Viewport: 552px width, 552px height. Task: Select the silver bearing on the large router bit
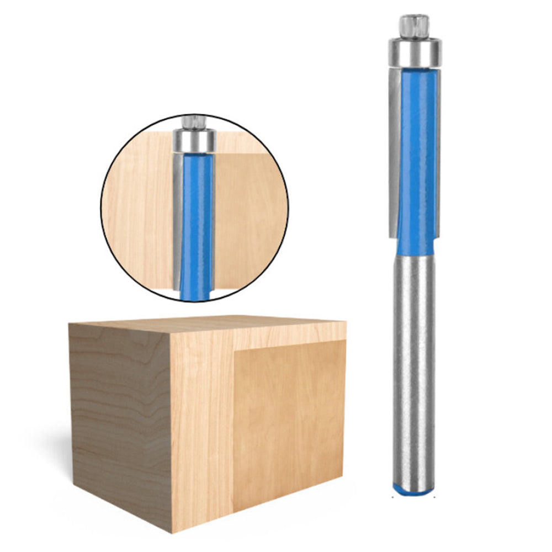click(x=414, y=53)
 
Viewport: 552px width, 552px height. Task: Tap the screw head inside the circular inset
click(x=194, y=120)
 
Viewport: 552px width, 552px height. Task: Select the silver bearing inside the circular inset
click(x=194, y=140)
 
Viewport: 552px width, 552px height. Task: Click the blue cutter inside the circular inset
click(x=196, y=221)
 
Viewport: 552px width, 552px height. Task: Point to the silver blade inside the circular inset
click(x=177, y=215)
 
